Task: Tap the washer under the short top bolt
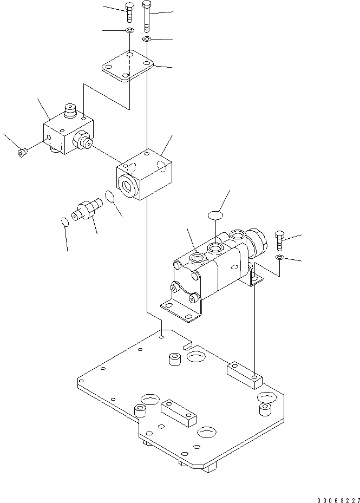[129, 31]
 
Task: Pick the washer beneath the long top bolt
[147, 39]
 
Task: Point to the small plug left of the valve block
[22, 153]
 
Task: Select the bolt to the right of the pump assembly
[279, 238]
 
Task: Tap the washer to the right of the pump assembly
[279, 257]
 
